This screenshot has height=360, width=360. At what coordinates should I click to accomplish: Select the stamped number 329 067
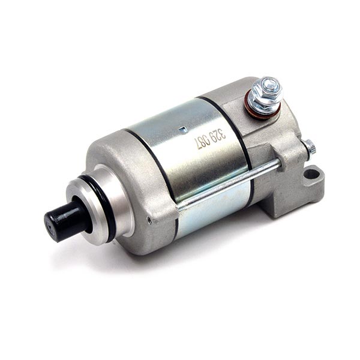209,139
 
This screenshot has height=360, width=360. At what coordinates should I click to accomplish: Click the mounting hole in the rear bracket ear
312,176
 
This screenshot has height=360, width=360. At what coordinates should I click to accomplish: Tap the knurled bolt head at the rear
310,146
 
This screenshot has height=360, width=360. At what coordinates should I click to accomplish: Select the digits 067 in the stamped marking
200,143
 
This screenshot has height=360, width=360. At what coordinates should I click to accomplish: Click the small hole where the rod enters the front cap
179,207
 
